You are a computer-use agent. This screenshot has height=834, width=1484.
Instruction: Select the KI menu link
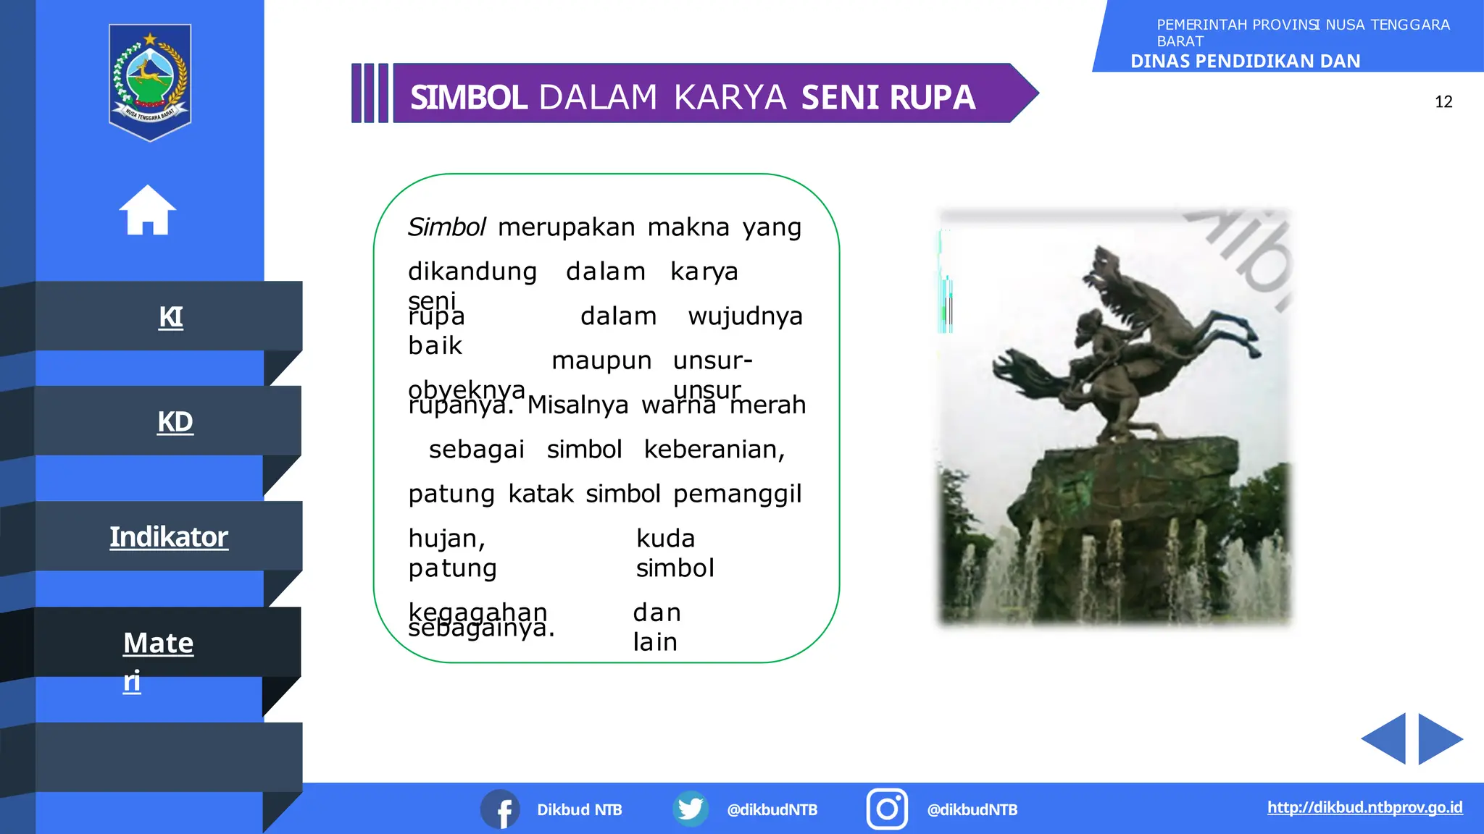coord(171,317)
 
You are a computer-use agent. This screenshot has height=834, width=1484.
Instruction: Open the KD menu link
coord(175,421)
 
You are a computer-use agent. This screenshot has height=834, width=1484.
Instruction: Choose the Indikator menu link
coord(169,537)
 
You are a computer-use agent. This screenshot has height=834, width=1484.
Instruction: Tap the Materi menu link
coord(158,644)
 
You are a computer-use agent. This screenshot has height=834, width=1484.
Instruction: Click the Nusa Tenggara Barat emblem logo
coord(150,82)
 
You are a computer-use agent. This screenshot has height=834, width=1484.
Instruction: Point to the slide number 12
coord(1443,102)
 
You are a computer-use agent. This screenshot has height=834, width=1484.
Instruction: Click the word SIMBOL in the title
coord(468,98)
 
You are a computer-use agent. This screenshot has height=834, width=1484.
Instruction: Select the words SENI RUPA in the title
coord(888,98)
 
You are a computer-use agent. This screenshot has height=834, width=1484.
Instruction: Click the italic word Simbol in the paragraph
coord(446,227)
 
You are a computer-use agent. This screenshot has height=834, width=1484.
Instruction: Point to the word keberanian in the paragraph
coord(714,450)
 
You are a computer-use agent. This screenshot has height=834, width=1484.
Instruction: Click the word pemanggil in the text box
coord(737,494)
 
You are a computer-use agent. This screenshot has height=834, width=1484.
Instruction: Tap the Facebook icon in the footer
coord(501,809)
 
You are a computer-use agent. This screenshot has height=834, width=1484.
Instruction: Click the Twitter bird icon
coord(691,809)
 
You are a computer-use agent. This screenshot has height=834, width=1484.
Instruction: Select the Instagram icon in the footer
coord(887,809)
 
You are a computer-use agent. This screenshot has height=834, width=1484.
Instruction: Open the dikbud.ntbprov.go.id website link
coord(1364,807)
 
